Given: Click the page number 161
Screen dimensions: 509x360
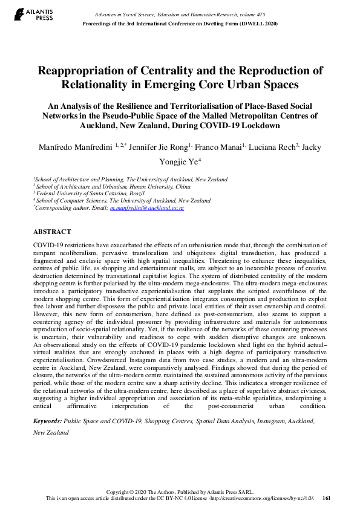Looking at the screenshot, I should click(327, 498).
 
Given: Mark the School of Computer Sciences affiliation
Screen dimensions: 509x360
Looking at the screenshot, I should click(72, 200).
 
